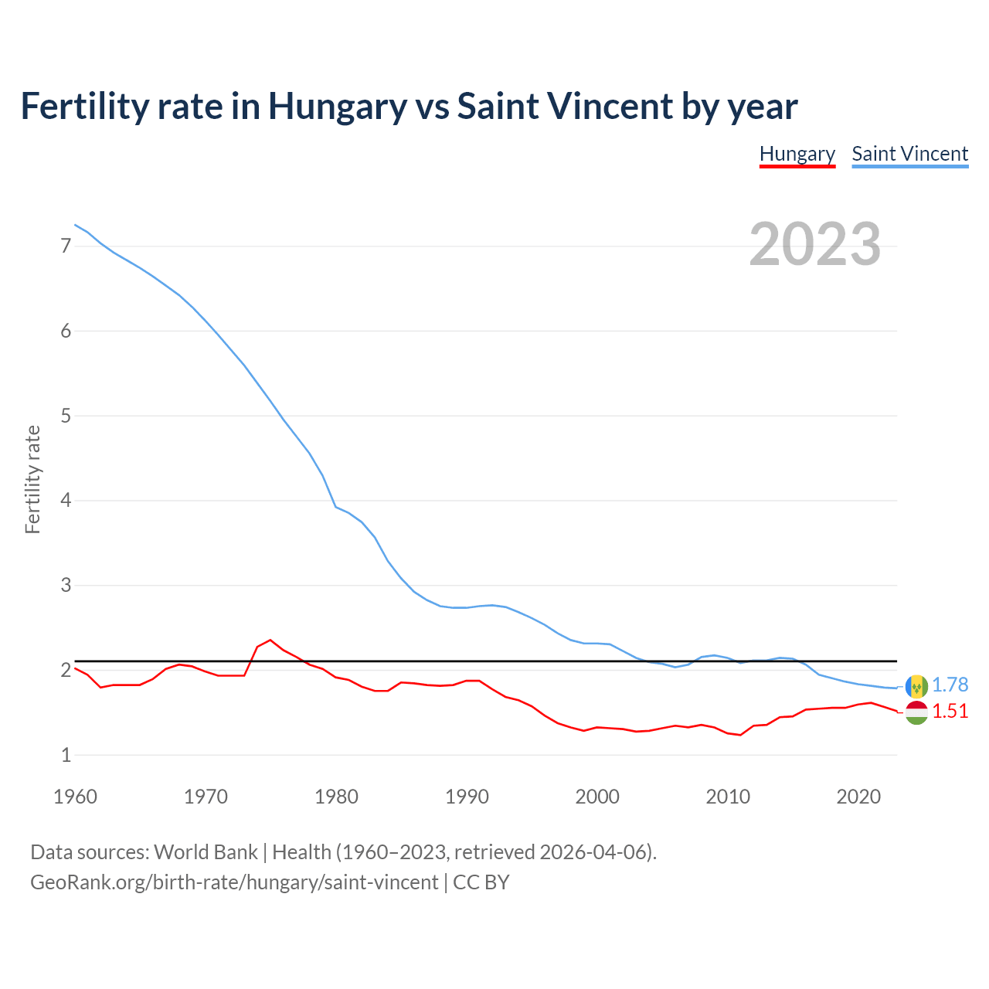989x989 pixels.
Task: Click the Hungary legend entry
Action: point(797,154)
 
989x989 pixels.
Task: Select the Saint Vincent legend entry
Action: point(909,154)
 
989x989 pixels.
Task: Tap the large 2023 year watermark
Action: point(814,244)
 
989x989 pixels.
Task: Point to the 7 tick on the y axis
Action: point(66,246)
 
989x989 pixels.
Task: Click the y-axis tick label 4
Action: point(66,500)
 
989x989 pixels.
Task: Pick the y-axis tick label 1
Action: point(66,755)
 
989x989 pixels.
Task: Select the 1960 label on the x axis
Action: point(75,797)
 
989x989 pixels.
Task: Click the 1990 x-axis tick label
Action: point(467,797)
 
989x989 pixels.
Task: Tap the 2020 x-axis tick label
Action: point(858,797)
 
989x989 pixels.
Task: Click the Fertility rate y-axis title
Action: point(32,479)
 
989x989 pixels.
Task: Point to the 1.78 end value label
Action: point(950,685)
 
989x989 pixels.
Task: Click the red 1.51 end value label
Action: point(950,712)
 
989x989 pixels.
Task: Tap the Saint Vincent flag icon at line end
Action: point(916,686)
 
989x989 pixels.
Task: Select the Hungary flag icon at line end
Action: point(916,712)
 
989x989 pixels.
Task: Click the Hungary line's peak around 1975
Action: point(270,640)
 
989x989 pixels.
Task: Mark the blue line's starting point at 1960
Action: point(75,225)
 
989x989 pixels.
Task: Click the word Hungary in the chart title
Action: point(337,106)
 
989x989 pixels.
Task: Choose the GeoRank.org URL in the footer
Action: point(234,882)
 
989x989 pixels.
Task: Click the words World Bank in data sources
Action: point(206,852)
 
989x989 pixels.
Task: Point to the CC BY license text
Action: point(481,882)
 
